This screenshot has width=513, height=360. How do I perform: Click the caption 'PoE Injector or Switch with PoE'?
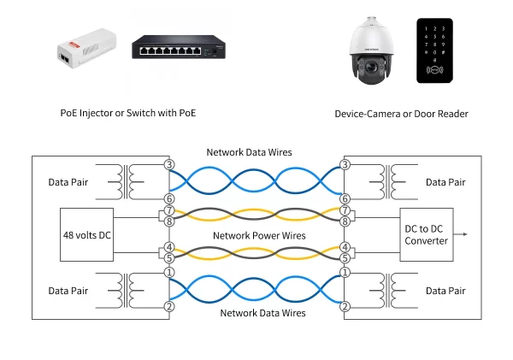pyautogui.click(x=133, y=113)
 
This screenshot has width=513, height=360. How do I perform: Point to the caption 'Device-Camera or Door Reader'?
pyautogui.click(x=402, y=113)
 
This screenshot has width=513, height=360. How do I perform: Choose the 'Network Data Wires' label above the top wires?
pyautogui.click(x=250, y=152)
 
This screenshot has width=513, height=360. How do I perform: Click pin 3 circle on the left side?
pyautogui.click(x=168, y=163)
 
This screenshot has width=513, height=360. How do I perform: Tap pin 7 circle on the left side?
pyautogui.click(x=168, y=210)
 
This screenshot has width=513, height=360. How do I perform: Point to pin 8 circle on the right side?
pyautogui.click(x=345, y=221)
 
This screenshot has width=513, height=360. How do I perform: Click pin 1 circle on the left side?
pyautogui.click(x=168, y=273)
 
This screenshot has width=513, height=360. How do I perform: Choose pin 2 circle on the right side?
pyautogui.click(x=345, y=307)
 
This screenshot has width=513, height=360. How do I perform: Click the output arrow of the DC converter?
pyautogui.click(x=463, y=233)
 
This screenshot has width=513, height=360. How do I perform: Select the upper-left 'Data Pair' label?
pyautogui.click(x=68, y=182)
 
